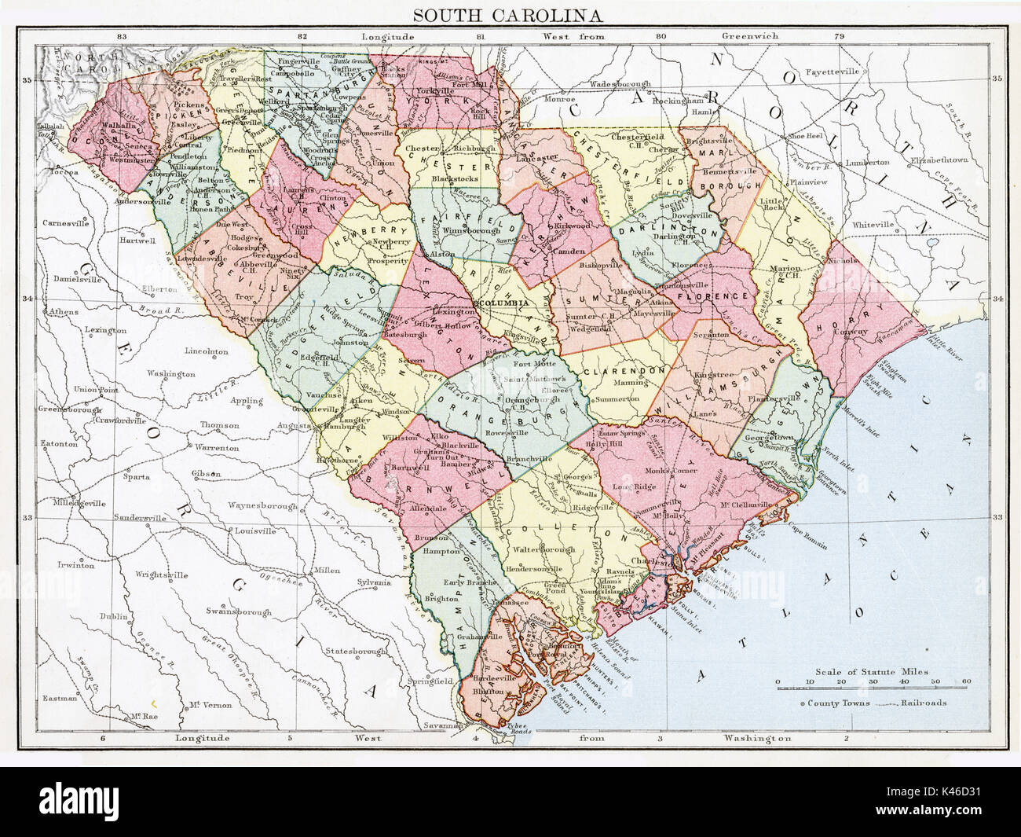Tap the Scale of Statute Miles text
[872, 672]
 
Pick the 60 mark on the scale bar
[965, 681]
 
